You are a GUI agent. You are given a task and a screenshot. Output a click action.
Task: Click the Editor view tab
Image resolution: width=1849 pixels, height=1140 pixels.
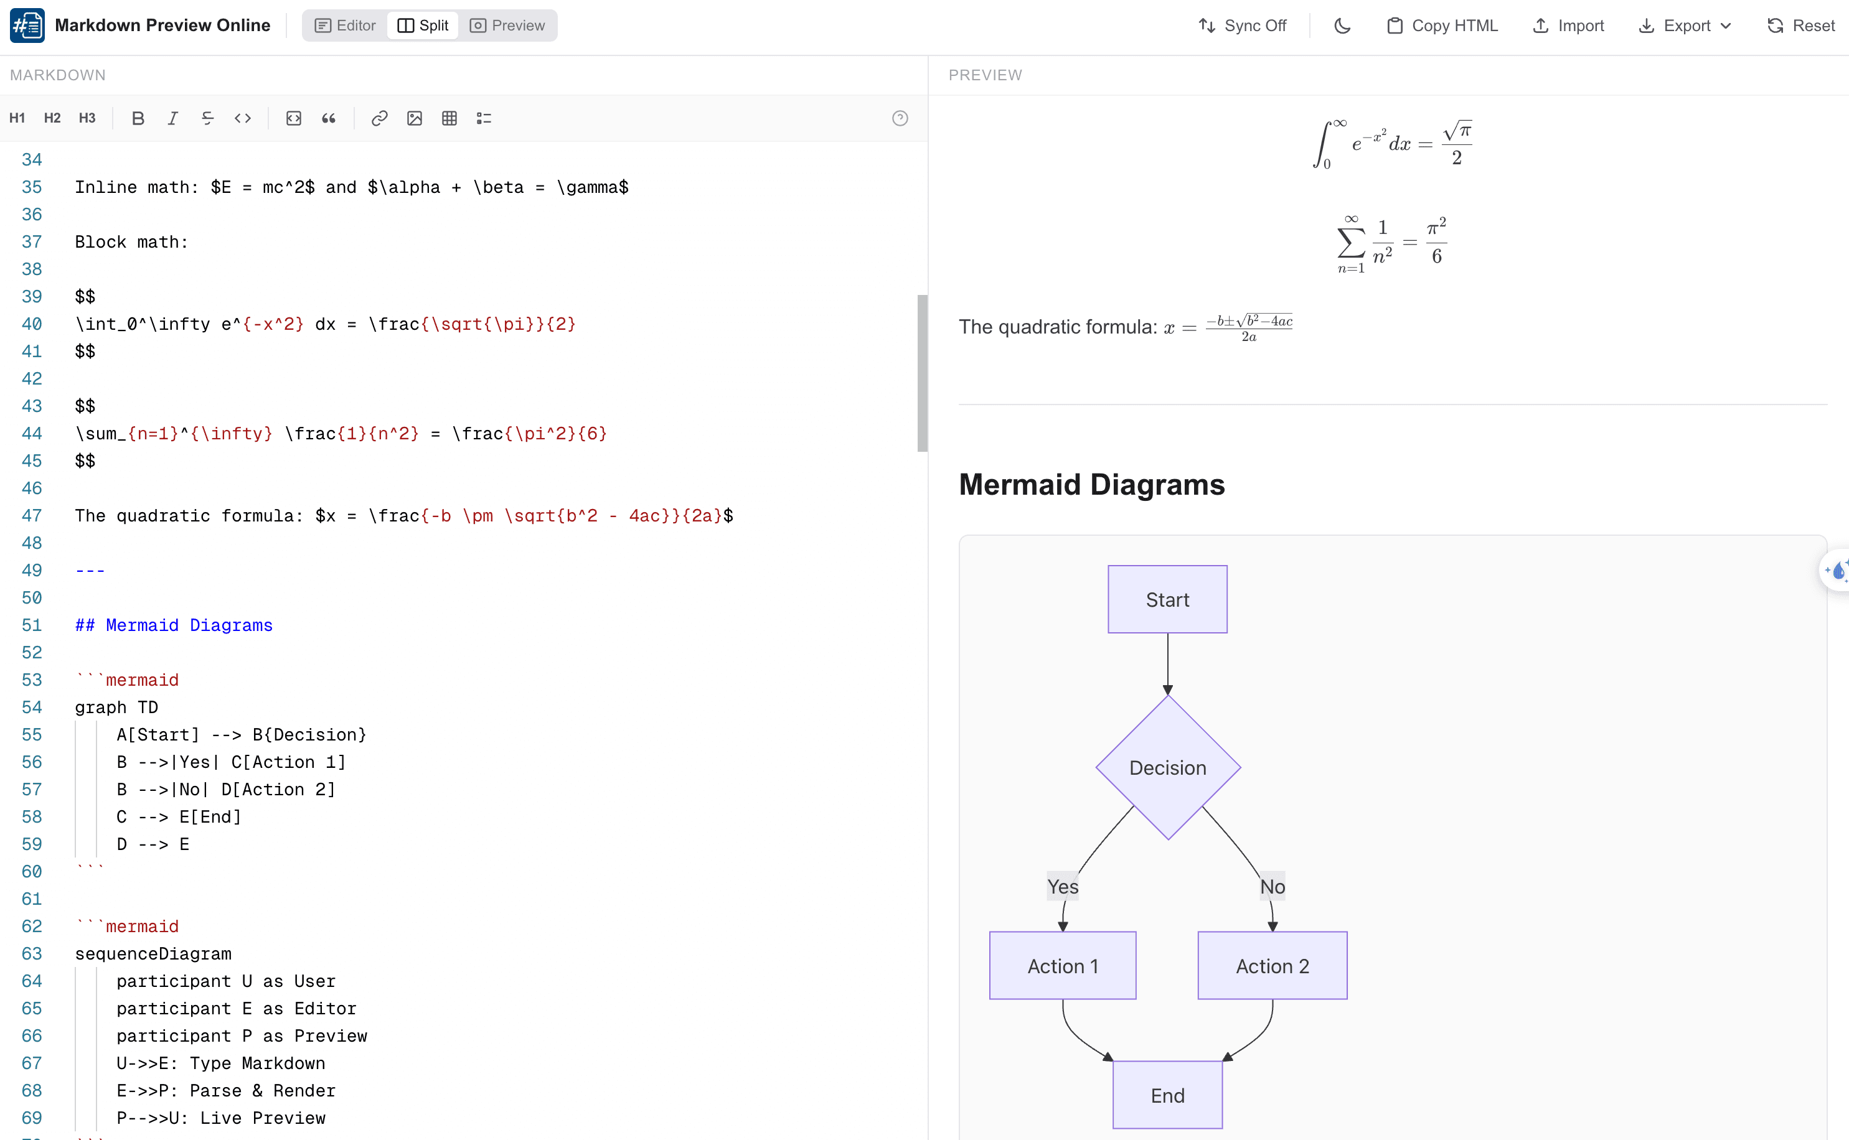pyautogui.click(x=345, y=26)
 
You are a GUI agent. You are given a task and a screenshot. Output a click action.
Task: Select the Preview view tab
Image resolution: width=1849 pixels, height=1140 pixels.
pyautogui.click(x=507, y=26)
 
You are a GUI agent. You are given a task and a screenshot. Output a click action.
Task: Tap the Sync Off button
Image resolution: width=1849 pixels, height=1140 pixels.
pyautogui.click(x=1243, y=26)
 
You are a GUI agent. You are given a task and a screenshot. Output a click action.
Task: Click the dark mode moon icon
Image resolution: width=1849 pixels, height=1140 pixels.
pyautogui.click(x=1342, y=26)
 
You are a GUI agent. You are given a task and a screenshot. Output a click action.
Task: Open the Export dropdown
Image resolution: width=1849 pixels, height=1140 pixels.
pyautogui.click(x=1685, y=26)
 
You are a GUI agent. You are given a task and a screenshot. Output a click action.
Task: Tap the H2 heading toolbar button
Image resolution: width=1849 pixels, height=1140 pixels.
pyautogui.click(x=52, y=118)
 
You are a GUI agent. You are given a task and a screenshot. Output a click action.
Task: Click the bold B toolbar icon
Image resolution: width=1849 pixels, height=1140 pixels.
pyautogui.click(x=137, y=118)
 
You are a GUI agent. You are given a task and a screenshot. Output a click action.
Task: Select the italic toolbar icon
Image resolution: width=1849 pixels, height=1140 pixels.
pyautogui.click(x=172, y=118)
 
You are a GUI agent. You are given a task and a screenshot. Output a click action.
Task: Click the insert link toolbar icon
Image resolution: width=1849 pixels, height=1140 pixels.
pyautogui.click(x=379, y=118)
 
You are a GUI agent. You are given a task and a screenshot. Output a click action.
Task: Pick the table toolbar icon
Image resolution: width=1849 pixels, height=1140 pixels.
pyautogui.click(x=449, y=118)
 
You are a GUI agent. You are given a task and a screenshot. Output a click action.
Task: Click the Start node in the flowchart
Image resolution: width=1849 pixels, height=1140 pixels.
pyautogui.click(x=1167, y=599)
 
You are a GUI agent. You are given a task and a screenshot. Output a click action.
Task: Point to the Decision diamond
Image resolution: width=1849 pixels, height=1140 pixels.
pyautogui.click(x=1167, y=767)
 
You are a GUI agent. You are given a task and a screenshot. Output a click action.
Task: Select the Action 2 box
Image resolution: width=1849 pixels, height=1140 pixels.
pyautogui.click(x=1272, y=966)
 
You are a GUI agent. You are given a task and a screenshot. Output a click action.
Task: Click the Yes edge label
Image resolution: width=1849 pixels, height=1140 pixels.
pyautogui.click(x=1063, y=887)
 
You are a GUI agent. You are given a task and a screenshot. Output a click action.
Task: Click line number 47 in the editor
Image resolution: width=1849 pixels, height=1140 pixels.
pyautogui.click(x=32, y=516)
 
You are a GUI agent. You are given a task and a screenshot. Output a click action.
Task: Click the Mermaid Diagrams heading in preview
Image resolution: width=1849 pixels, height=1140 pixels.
pyautogui.click(x=1091, y=485)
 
